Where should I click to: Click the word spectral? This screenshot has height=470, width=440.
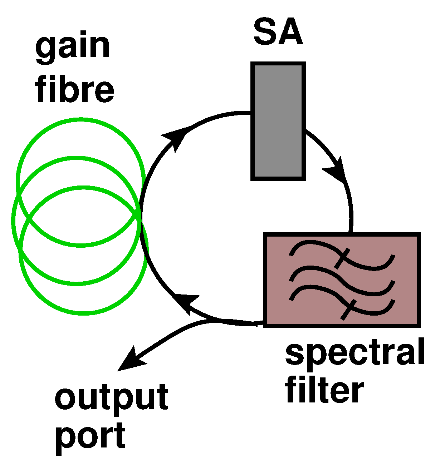tap(355, 353)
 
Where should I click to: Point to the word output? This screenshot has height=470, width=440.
tap(111, 398)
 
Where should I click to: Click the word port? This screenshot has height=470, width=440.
tap(91, 436)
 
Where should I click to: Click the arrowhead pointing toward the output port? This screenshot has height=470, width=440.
tap(131, 360)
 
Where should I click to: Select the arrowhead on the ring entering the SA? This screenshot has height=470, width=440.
tap(175, 138)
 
